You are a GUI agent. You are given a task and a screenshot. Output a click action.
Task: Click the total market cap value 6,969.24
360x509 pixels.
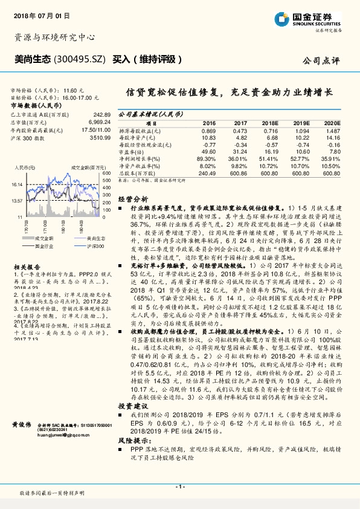pos(96,122)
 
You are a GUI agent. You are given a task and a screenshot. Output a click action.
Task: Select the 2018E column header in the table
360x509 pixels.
pos(269,122)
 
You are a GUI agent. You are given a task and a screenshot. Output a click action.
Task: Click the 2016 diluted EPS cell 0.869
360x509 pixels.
pos(208,131)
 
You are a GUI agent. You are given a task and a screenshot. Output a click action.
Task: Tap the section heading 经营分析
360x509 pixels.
pos(132,198)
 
